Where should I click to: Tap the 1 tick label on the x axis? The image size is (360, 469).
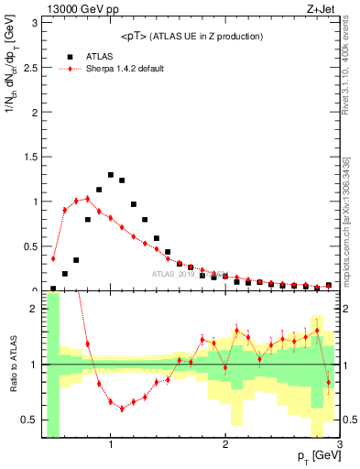tap(111, 444)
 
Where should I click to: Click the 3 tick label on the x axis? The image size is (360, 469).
tap(339, 444)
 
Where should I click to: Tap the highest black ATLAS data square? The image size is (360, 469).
tap(111, 174)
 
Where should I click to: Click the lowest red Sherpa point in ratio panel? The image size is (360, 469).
tap(122, 409)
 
